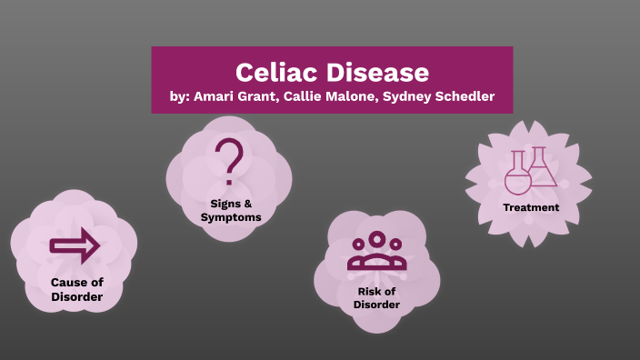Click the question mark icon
tap(231, 158)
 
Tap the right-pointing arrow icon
tap(75, 245)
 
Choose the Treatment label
tap(531, 207)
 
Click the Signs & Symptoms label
tap(231, 210)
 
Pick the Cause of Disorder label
tap(76, 289)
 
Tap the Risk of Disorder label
tap(376, 297)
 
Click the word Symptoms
tap(231, 217)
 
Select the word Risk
tap(367, 291)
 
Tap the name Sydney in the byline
tap(406, 97)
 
